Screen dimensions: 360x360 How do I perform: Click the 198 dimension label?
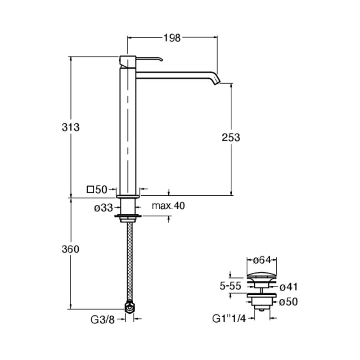pos(172,38)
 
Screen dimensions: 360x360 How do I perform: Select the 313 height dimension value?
pos(71,127)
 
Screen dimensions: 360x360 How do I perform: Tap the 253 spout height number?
pos(231,137)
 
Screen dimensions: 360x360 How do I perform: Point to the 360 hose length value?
pos(71,249)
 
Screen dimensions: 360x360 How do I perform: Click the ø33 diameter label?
pos(103,208)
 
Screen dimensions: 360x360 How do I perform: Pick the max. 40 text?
pos(168,206)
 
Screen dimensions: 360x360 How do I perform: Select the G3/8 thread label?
pos(103,319)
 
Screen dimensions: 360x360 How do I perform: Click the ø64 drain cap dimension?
pos(262,260)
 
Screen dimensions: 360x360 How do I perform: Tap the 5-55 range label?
pos(230,286)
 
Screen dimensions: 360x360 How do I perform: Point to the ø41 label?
pos(288,287)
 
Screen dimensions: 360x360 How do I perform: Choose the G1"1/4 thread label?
pos(229,319)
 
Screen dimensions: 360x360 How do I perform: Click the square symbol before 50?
pos(90,189)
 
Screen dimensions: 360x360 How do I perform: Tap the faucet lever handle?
pos(149,59)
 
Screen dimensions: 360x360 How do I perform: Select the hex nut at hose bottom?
pos(130,308)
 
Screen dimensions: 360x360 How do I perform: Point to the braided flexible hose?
pos(130,262)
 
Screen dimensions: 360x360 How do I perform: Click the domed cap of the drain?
pos(261,275)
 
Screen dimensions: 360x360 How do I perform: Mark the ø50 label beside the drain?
pos(288,301)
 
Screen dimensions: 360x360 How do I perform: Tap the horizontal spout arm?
pos(175,76)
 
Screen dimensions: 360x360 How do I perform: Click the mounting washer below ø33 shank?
pos(128,216)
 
